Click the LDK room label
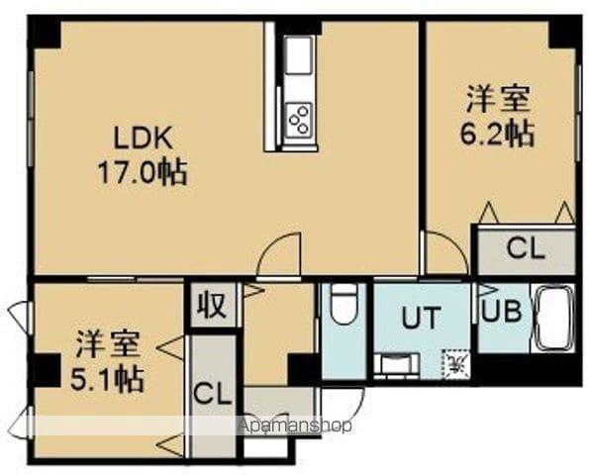[144, 139]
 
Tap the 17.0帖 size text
[143, 172]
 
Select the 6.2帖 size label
[497, 135]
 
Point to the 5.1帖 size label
[107, 379]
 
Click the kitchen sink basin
[299, 55]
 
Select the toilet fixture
[344, 305]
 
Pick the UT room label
[421, 318]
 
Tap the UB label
[502, 312]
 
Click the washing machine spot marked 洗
[455, 363]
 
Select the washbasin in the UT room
[397, 363]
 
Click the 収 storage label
[213, 305]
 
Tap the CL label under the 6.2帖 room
[526, 248]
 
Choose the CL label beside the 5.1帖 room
[212, 394]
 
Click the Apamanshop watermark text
[295, 426]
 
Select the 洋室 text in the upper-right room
[498, 99]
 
